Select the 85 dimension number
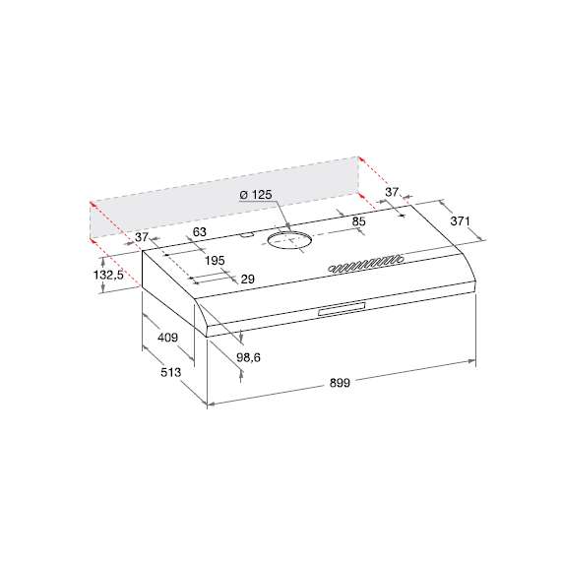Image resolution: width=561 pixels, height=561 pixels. (358, 222)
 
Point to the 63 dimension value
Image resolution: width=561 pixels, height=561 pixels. (199, 232)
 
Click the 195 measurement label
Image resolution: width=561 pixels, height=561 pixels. (216, 260)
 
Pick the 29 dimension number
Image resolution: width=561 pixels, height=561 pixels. (247, 280)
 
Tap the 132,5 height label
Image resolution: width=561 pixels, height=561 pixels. (107, 275)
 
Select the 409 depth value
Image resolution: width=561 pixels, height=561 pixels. (167, 339)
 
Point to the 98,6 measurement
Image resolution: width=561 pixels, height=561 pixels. (249, 358)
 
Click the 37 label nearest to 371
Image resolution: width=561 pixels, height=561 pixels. (392, 191)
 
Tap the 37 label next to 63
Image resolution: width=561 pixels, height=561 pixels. (141, 237)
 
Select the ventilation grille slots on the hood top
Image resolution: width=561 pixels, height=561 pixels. (364, 264)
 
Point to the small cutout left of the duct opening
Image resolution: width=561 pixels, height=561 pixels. (246, 236)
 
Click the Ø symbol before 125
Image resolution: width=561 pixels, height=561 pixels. (243, 196)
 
